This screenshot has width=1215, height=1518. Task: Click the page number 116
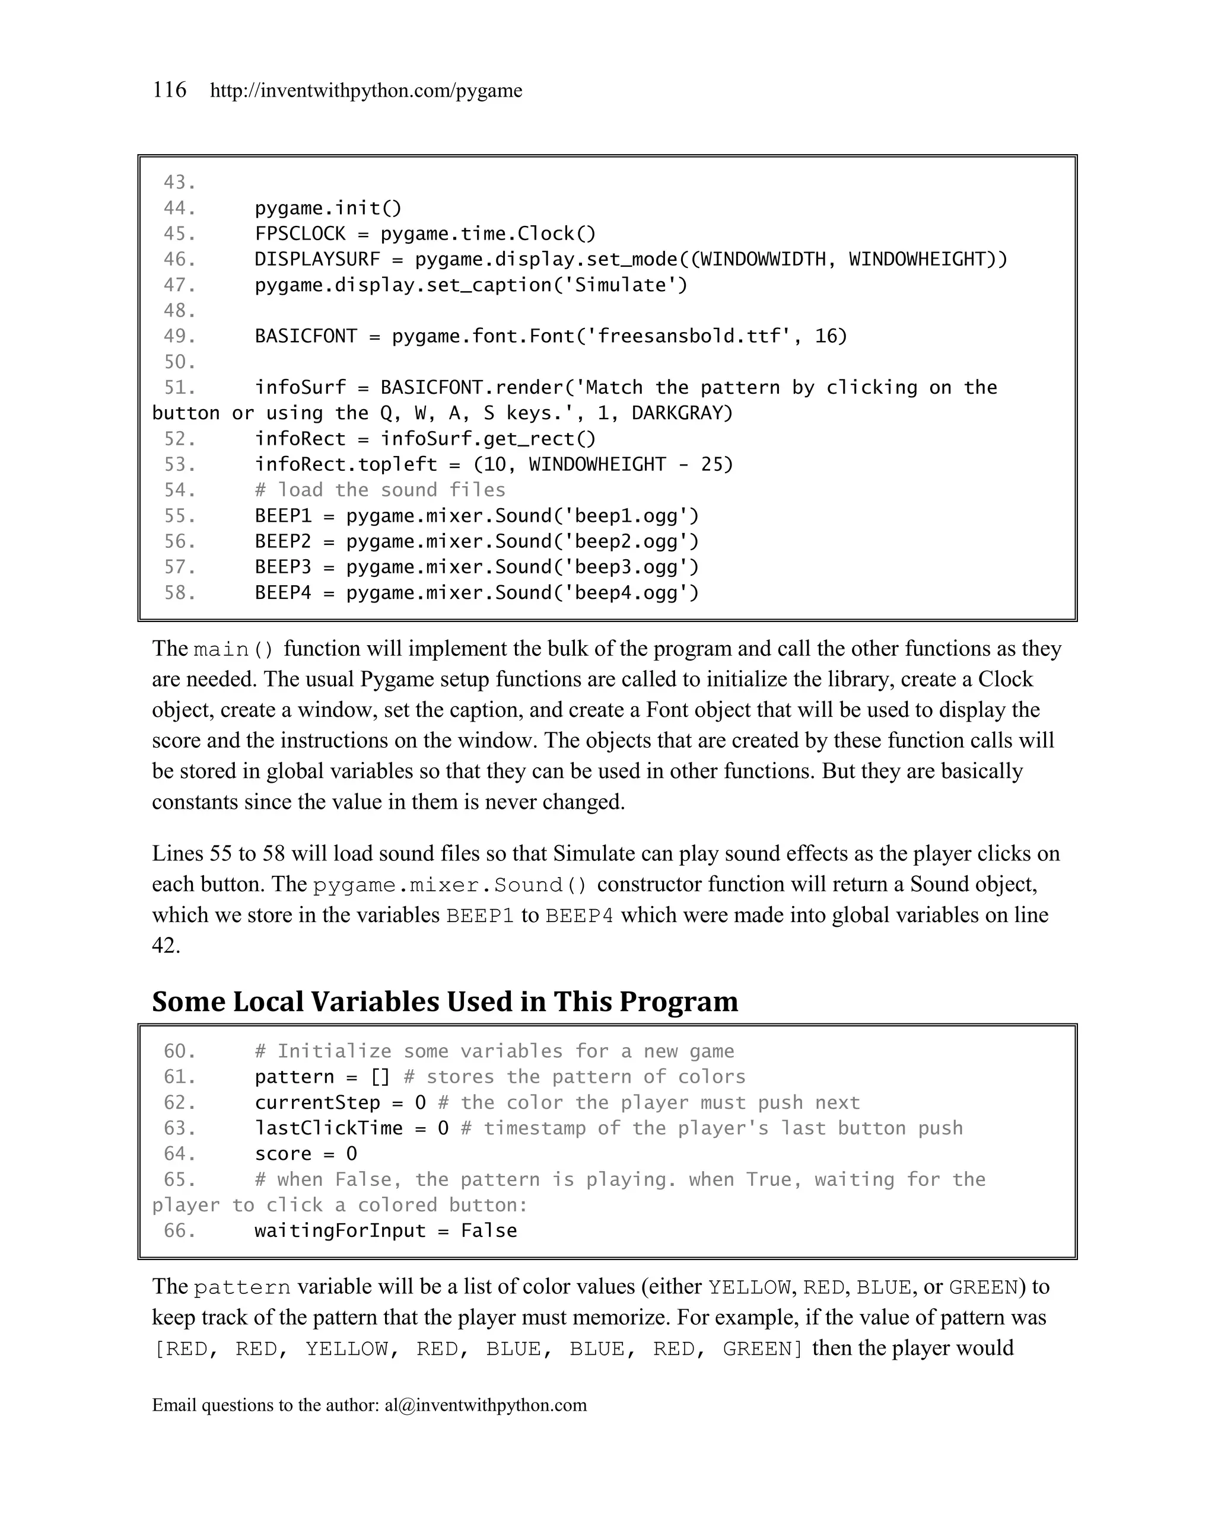tap(169, 90)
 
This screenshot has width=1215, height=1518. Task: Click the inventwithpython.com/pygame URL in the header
tap(366, 91)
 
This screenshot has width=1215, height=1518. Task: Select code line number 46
tap(179, 259)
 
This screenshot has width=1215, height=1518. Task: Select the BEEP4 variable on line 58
tap(283, 593)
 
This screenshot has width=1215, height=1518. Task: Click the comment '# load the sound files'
tap(380, 490)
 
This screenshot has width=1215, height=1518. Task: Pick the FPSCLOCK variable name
tap(300, 234)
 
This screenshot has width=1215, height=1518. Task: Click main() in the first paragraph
tap(233, 649)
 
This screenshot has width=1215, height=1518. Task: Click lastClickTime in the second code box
tap(328, 1128)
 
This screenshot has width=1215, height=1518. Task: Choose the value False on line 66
tap(489, 1231)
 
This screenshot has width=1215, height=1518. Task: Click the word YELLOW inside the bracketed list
tap(347, 1349)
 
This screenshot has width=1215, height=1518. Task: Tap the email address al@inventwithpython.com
tap(485, 1405)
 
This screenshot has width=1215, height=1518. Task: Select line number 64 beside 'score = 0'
tap(179, 1154)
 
